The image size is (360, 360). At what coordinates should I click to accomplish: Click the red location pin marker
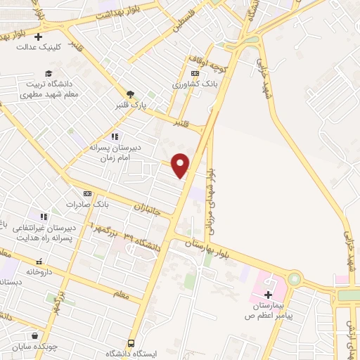(x=181, y=165)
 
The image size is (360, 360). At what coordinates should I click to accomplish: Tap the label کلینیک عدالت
(x=39, y=48)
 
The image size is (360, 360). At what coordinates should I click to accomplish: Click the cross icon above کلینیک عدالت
(x=38, y=37)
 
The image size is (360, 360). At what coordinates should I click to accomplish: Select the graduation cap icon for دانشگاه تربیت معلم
(x=48, y=72)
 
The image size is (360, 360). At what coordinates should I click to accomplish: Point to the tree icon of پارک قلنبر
(x=129, y=94)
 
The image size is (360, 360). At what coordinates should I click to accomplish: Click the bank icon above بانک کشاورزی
(x=195, y=73)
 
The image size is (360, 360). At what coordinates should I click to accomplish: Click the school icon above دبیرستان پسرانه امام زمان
(x=115, y=136)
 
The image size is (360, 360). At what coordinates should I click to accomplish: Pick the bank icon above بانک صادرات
(x=87, y=193)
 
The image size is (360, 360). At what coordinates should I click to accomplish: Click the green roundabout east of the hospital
(x=293, y=279)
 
